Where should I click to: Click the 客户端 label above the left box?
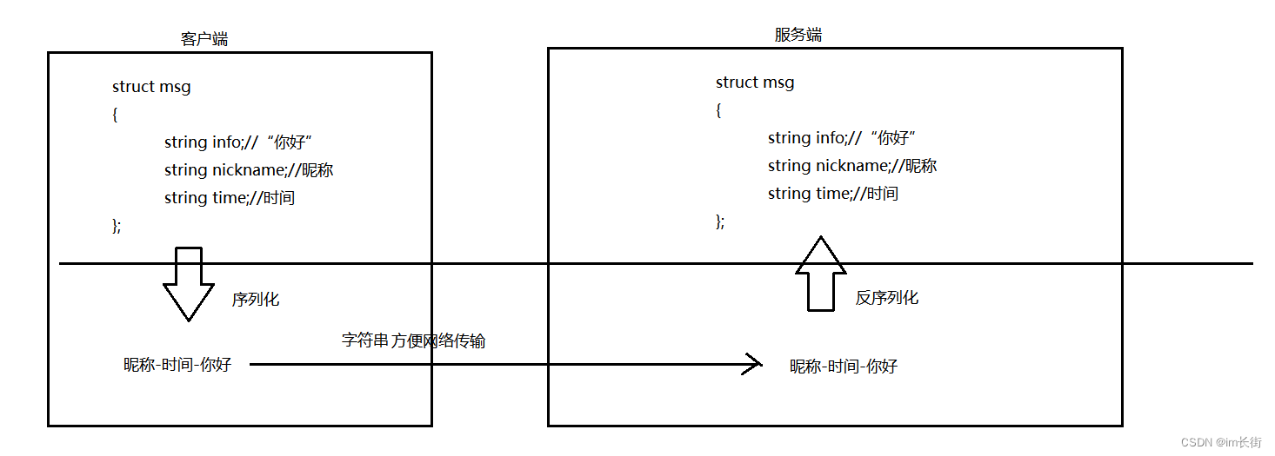point(204,39)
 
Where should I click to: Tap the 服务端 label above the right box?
point(798,35)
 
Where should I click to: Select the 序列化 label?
point(256,300)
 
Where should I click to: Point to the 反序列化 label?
point(886,298)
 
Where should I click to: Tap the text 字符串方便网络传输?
point(413,340)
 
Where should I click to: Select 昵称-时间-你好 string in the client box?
point(177,365)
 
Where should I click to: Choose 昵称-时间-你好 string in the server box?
point(844,367)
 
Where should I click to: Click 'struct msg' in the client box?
point(151,87)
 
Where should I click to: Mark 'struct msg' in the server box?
point(755,83)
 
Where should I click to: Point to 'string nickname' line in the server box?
point(851,166)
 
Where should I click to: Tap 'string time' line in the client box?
point(230,198)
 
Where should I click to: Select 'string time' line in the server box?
point(832,194)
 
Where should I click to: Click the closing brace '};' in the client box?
point(117,226)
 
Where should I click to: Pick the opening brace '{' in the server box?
point(718,110)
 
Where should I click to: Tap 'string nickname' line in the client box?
point(249,170)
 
